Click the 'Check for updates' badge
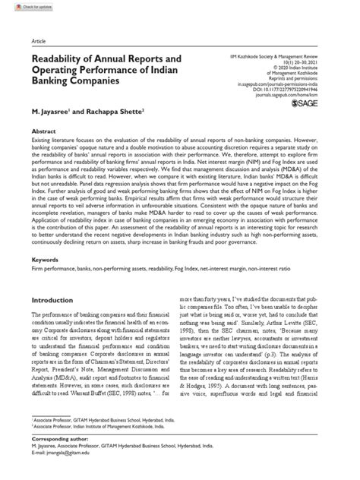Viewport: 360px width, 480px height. point(24,6)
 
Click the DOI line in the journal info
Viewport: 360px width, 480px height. point(296,88)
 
